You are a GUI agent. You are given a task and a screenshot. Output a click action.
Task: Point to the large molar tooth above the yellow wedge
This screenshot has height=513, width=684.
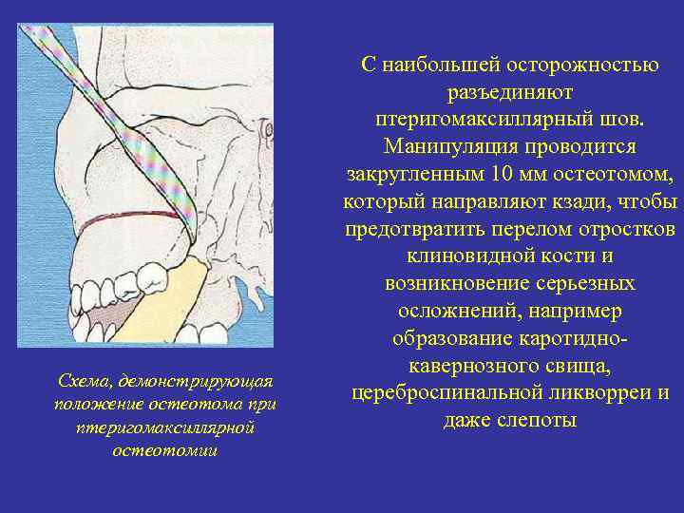tap(152, 275)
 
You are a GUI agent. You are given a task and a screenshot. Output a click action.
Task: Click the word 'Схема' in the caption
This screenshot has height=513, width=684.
tap(79, 381)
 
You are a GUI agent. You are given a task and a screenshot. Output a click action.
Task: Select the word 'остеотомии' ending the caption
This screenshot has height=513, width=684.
tap(164, 449)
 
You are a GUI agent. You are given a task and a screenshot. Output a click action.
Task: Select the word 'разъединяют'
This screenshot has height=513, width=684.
tap(509, 94)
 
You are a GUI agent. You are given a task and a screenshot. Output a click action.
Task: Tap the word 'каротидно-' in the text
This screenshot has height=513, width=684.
tap(573, 339)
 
